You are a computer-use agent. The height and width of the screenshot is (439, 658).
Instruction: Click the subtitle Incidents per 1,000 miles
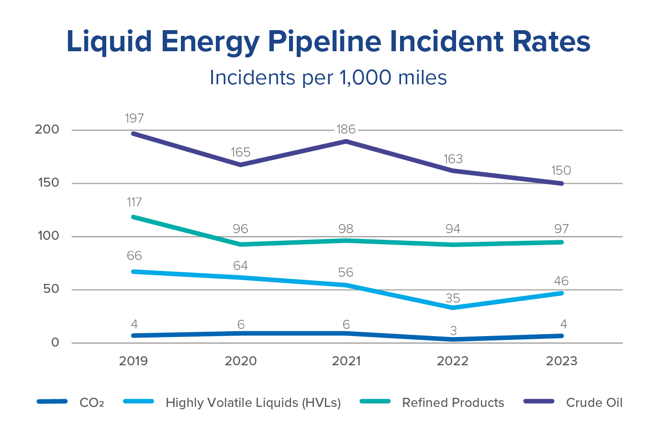coord(328,78)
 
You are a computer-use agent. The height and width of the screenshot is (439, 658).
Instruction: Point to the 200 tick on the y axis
coord(47,130)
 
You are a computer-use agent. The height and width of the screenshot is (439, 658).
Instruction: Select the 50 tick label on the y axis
coord(50,289)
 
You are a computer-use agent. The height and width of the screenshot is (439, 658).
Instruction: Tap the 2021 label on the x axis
coord(346,361)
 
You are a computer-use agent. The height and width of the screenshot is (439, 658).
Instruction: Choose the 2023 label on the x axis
coord(561,361)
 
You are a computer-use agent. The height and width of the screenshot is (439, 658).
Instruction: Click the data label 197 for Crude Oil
coord(134,118)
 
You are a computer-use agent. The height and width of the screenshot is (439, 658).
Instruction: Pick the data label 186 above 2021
coord(346,129)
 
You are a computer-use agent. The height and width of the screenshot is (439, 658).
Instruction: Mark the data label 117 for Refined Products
coord(134,203)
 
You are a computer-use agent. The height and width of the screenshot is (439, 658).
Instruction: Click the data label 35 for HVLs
coord(453,298)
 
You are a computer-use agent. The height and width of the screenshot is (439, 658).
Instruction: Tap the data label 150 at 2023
coord(561,170)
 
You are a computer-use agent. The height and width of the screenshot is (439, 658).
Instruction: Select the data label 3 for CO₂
coord(453,331)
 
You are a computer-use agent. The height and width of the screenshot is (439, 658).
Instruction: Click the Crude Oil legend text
coord(594,403)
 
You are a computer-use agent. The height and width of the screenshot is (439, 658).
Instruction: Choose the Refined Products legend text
coord(453,403)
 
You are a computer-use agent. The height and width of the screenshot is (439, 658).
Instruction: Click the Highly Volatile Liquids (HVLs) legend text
coord(253,403)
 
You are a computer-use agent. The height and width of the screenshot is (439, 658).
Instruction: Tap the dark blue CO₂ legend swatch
coord(52,402)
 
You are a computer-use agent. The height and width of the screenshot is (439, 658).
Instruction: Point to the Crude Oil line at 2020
coord(240,165)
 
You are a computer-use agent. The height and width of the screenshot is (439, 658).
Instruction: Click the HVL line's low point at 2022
coord(453,308)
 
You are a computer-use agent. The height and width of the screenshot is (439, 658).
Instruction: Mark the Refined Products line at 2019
coord(134,217)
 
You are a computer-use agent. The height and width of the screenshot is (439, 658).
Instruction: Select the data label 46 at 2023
coord(561,281)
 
